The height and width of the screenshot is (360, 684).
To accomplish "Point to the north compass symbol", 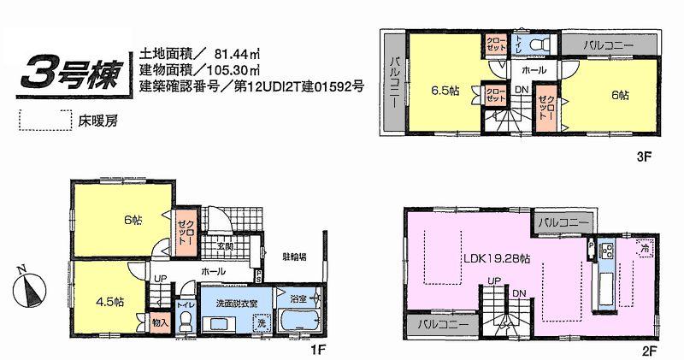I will pyautogui.click(x=28, y=286).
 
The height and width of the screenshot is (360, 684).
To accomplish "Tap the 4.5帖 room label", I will pyautogui.click(x=109, y=302).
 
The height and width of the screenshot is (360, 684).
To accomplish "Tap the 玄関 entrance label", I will pyautogui.click(x=225, y=247).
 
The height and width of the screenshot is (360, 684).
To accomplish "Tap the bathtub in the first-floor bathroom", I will pyautogui.click(x=298, y=326).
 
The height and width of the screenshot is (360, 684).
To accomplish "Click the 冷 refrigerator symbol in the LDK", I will pyautogui.click(x=643, y=245).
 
